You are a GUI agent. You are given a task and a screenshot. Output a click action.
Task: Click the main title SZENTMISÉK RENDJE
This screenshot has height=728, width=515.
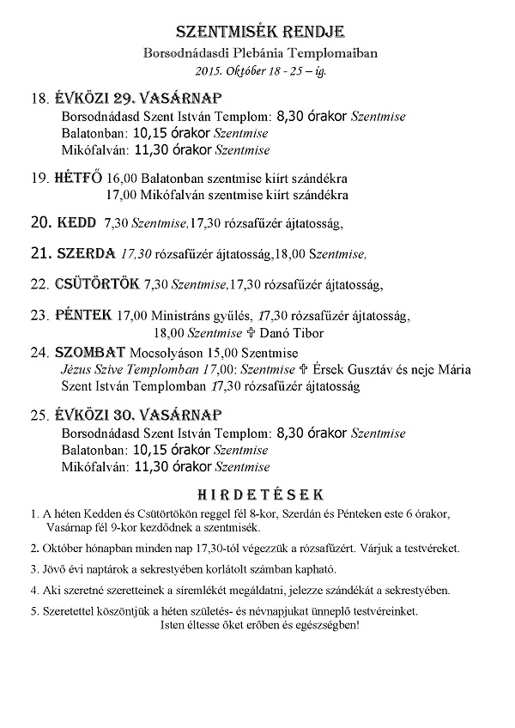(259, 33)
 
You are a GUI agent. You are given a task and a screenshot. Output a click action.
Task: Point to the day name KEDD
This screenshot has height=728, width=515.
(76, 224)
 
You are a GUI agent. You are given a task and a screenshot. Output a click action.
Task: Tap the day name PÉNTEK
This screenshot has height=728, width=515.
(82, 315)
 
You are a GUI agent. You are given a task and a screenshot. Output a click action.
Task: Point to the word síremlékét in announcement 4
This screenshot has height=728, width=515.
(199, 591)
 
